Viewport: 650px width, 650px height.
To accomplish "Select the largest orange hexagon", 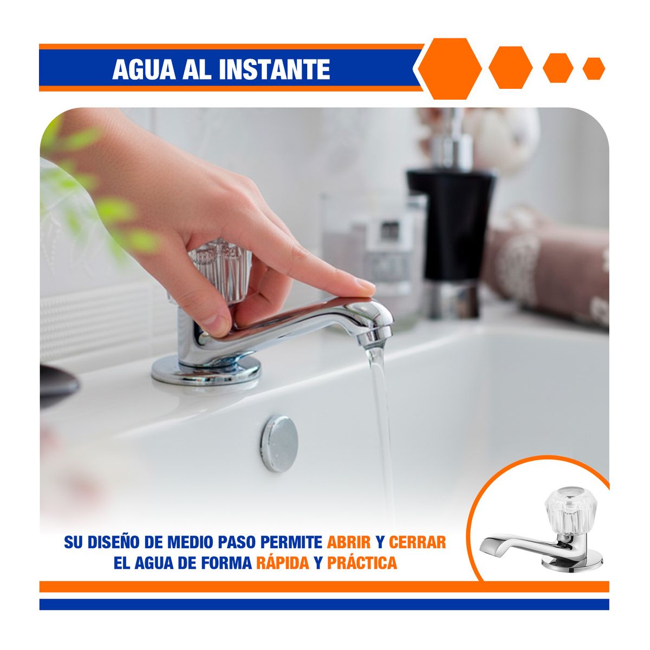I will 449,69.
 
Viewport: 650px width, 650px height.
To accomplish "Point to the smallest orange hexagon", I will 594,68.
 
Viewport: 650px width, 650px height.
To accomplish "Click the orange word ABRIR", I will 349,542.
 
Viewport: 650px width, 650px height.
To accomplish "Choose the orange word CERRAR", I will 417,542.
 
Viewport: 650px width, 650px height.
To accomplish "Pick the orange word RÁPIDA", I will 282,563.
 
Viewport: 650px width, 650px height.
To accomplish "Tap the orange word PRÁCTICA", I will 362,563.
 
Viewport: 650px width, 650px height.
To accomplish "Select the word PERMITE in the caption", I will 292,542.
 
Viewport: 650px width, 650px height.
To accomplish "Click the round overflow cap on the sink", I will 279,443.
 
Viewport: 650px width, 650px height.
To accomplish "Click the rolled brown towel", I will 547,265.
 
